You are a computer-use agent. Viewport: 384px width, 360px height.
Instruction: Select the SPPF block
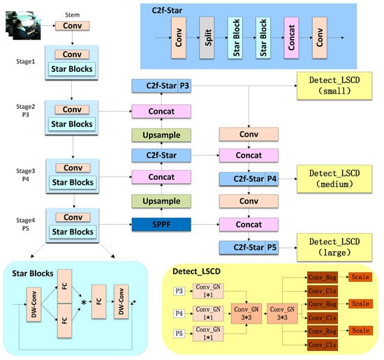pos(162,225)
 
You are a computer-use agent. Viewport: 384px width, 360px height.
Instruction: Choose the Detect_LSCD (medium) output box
pos(334,178)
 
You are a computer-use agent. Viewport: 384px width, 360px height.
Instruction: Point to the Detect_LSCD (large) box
pos(334,248)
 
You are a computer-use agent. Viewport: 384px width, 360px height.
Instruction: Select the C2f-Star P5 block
pos(249,247)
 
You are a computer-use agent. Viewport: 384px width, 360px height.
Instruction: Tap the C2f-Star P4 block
pos(249,179)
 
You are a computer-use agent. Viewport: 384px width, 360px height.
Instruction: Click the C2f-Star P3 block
pos(162,87)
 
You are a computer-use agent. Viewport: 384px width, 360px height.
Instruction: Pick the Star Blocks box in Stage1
pos(71,68)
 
